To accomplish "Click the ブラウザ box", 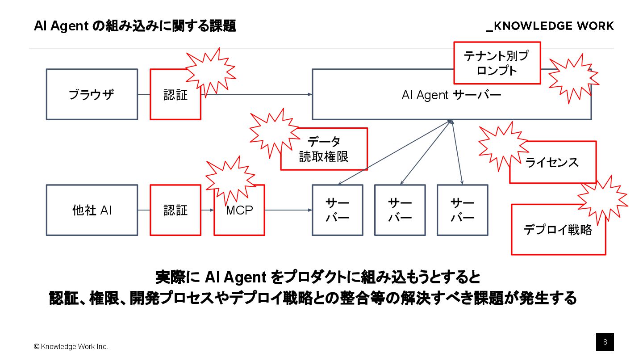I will tap(92, 94).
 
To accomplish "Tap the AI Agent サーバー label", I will tap(451, 95).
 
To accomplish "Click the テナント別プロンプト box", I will tap(497, 63).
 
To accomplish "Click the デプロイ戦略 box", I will tap(558, 230).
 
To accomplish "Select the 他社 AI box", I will tap(92, 210).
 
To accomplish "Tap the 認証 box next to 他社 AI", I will tap(175, 210).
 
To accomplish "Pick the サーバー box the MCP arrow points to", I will tap(337, 210).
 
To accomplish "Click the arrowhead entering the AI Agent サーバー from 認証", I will tap(309, 94).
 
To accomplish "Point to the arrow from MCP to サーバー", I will tap(288, 210).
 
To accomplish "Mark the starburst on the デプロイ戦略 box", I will tap(603, 199).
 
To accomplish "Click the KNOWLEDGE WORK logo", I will tap(550, 26).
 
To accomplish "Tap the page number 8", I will tap(605, 342).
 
